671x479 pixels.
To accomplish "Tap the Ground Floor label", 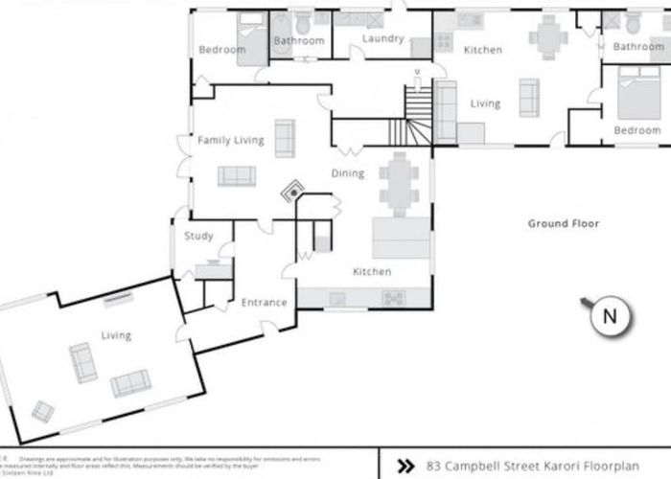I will (x=563, y=224).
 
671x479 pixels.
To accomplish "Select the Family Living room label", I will (x=230, y=141).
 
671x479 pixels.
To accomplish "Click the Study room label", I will (x=198, y=237).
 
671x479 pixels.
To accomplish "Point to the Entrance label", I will (x=264, y=303).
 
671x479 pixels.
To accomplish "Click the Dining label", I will (x=347, y=173).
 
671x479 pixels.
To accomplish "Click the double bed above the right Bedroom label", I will (x=633, y=95).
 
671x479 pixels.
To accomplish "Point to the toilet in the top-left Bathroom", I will (x=304, y=23).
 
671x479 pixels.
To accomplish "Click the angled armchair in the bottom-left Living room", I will (x=43, y=410).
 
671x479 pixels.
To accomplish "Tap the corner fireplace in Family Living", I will (x=290, y=193).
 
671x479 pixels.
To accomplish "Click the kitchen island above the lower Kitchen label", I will (x=401, y=236).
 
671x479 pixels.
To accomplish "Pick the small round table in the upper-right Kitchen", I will (x=547, y=38).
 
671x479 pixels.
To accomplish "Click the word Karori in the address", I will (x=556, y=467).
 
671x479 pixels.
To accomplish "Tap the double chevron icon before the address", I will (x=406, y=467).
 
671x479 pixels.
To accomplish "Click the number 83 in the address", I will (x=432, y=467).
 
